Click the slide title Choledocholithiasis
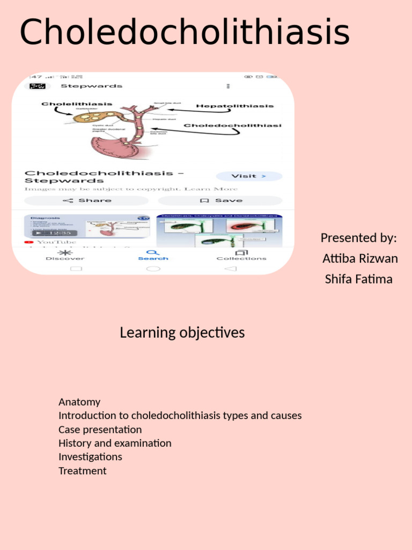185,32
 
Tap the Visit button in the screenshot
248,176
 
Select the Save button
220,200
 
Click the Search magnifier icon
153,252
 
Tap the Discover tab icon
65,252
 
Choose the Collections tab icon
241,252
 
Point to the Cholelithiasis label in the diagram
77,104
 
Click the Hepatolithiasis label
234,106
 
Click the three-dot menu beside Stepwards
229,86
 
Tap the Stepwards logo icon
37,86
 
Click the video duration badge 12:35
55,233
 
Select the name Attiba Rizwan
360,258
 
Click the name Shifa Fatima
358,279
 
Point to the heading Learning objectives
182,332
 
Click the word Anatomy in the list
79,402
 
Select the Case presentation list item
100,430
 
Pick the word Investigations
90,457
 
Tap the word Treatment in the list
83,471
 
